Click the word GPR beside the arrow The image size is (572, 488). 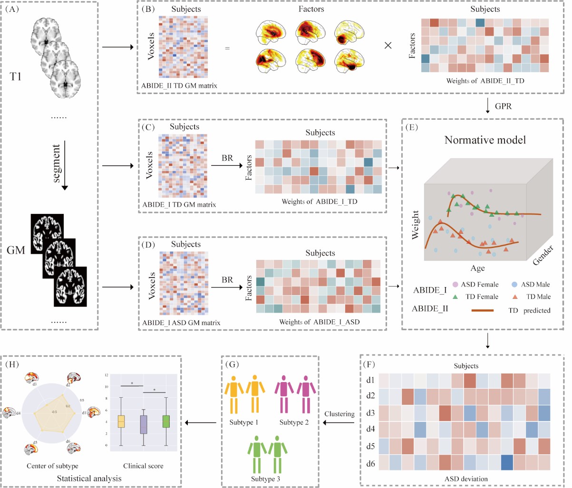503,106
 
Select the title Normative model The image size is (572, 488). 478,140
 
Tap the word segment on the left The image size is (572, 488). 57,163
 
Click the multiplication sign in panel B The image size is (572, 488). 388,46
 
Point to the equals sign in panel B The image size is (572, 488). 227,48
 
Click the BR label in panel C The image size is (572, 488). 227,158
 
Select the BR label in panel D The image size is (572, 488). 227,280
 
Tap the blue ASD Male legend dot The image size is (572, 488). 514,284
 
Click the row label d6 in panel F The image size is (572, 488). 370,463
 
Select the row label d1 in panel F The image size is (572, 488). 370,380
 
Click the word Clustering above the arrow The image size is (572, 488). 339,414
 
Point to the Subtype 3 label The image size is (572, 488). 265,478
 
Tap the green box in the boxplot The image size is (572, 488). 166,421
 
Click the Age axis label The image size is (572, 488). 477,268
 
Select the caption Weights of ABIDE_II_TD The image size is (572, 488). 485,80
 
